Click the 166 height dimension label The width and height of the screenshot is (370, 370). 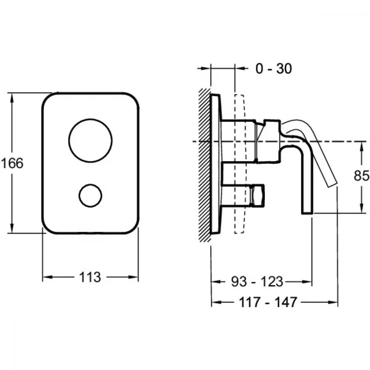click(12, 163)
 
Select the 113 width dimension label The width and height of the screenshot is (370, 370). click(90, 277)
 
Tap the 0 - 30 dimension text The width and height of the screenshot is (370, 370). click(274, 69)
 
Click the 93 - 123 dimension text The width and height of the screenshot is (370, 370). click(257, 282)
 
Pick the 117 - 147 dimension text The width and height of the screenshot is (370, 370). click(268, 302)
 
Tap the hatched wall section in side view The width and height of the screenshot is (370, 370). click(204, 165)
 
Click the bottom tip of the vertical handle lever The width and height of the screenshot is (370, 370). click(307, 213)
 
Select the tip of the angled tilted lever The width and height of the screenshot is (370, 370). click(333, 185)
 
